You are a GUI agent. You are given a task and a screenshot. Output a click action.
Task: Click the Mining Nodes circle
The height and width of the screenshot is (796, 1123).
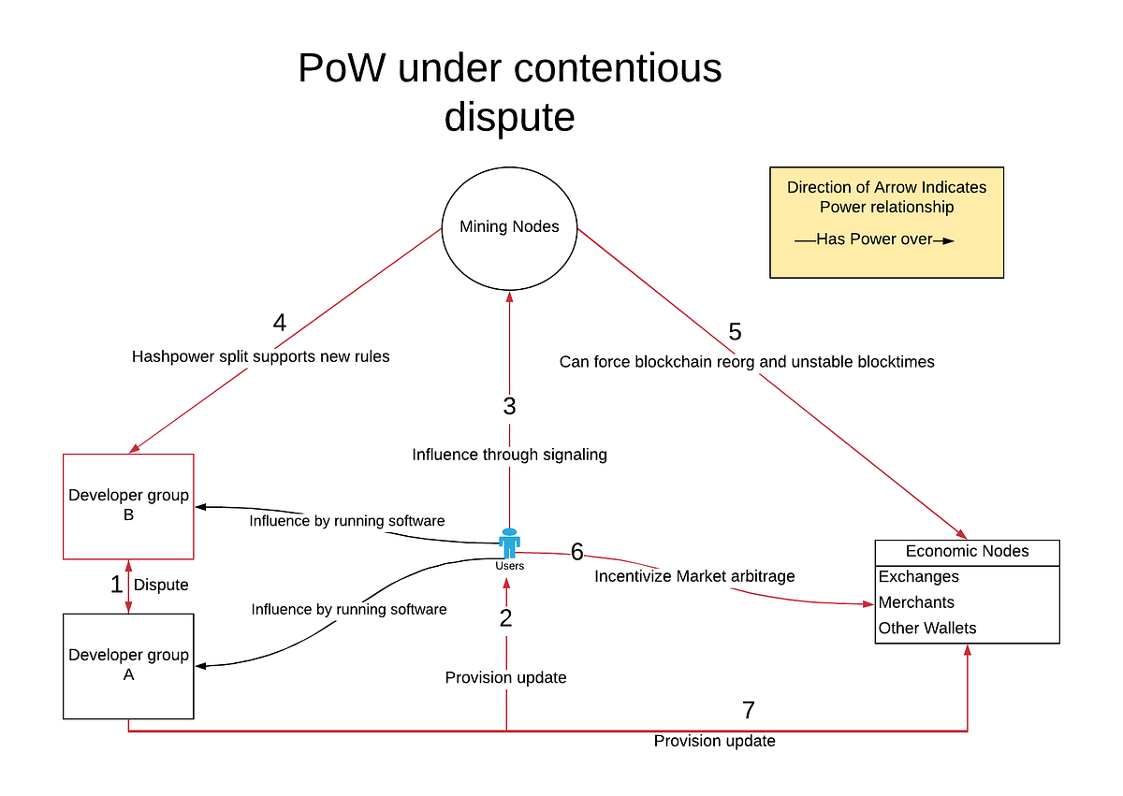pyautogui.click(x=509, y=226)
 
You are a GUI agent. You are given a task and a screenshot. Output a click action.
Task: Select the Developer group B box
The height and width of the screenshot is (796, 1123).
pyautogui.click(x=128, y=506)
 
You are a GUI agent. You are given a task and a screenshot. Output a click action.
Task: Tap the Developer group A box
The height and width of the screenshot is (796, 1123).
pyautogui.click(x=128, y=665)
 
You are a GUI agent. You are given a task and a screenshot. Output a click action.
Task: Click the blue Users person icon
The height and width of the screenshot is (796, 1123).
pyautogui.click(x=509, y=544)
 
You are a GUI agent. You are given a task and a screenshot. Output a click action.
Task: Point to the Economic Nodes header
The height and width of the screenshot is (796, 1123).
pyautogui.click(x=967, y=552)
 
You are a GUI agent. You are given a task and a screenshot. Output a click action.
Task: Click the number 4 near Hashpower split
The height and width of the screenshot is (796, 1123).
pyautogui.click(x=280, y=324)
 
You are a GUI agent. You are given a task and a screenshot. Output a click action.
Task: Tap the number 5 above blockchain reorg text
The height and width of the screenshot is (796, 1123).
pyautogui.click(x=735, y=331)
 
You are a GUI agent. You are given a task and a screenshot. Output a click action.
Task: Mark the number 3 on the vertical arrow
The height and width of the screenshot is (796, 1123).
pyautogui.click(x=509, y=407)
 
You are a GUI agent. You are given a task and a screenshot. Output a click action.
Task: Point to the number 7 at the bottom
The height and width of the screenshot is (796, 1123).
pyautogui.click(x=748, y=710)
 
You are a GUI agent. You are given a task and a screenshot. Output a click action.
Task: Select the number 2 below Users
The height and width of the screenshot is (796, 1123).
pyautogui.click(x=506, y=618)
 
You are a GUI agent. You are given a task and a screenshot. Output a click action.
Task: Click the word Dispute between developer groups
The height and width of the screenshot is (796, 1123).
pyautogui.click(x=161, y=586)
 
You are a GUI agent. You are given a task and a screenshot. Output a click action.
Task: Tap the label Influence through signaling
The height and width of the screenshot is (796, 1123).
pyautogui.click(x=509, y=455)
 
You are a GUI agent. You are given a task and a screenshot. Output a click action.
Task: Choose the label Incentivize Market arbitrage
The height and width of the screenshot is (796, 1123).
pyautogui.click(x=694, y=576)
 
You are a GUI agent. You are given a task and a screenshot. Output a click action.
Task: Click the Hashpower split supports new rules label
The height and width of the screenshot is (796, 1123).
pyautogui.click(x=260, y=356)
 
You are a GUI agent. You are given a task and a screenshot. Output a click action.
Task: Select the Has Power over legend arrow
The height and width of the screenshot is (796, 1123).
pyautogui.click(x=875, y=239)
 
